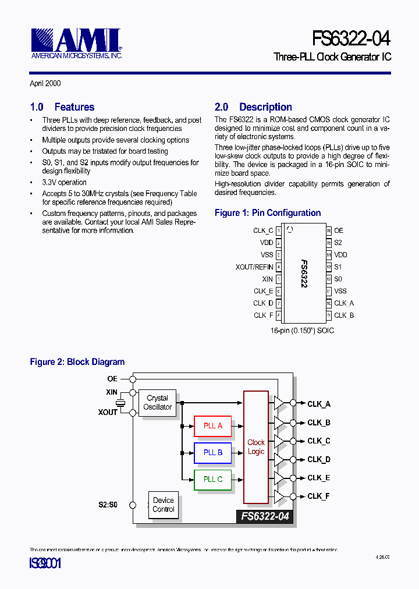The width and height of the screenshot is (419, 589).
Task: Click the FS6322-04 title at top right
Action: click(351, 38)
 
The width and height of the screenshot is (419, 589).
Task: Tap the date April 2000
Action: click(45, 84)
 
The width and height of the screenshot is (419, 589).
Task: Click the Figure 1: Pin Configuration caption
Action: click(268, 213)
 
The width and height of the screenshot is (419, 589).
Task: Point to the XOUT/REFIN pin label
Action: click(254, 267)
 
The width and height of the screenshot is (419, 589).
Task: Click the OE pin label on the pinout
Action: click(339, 230)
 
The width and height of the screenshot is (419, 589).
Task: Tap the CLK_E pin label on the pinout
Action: click(263, 291)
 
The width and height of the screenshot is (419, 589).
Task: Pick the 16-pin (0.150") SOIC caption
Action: click(301, 330)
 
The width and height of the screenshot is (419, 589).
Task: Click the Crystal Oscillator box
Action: click(157, 403)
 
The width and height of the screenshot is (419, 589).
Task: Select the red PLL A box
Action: click(212, 425)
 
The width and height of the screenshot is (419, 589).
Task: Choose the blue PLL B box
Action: click(212, 452)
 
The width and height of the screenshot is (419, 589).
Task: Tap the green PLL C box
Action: click(212, 479)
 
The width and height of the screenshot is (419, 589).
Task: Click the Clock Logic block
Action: click(256, 447)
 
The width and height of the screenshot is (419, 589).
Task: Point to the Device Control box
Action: click(164, 505)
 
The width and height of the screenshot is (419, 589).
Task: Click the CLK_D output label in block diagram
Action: click(319, 460)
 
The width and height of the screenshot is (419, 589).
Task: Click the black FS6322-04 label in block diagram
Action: click(265, 516)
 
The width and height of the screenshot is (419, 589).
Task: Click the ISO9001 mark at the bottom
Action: click(45, 563)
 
